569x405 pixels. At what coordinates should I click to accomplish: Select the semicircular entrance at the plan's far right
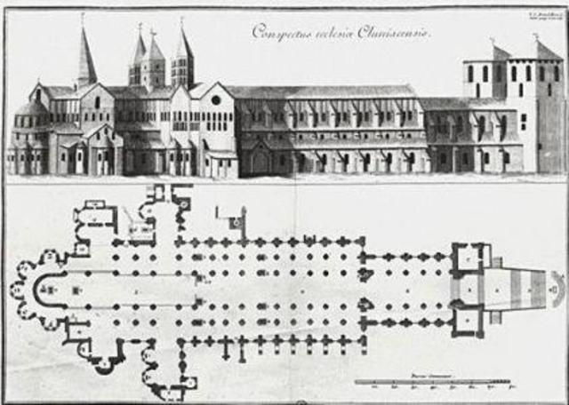(x=557, y=290)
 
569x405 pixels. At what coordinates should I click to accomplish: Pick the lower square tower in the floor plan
(x=465, y=320)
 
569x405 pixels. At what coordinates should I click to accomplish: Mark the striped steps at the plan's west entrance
(x=525, y=290)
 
